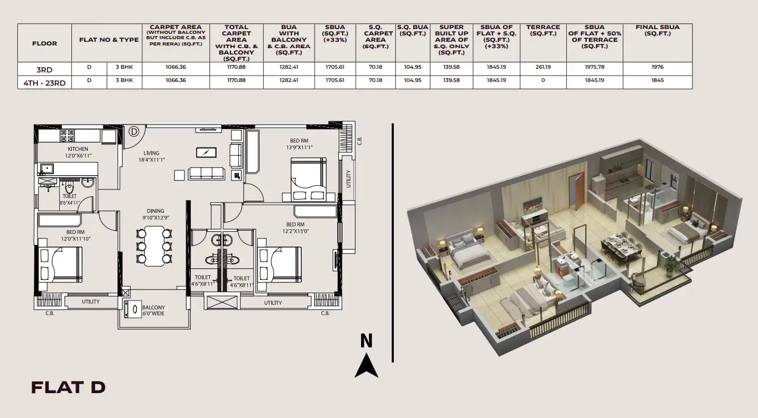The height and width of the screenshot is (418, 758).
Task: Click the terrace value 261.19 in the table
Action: pyautogui.click(x=543, y=67)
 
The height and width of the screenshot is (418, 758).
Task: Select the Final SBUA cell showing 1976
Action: pyautogui.click(x=657, y=67)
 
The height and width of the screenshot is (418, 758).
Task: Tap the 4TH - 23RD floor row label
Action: pyautogui.click(x=44, y=83)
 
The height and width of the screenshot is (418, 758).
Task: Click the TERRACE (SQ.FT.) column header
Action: pyautogui.click(x=543, y=30)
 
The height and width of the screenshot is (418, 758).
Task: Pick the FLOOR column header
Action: pyautogui.click(x=44, y=43)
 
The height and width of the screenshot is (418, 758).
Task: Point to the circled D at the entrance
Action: pyautogui.click(x=134, y=131)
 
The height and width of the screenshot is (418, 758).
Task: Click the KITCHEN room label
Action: pyautogui.click(x=78, y=149)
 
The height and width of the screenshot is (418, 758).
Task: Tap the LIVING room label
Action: pyautogui.click(x=151, y=153)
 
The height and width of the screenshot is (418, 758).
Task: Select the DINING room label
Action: pyautogui.click(x=155, y=211)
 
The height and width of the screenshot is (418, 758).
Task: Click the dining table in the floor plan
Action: pyautogui.click(x=154, y=246)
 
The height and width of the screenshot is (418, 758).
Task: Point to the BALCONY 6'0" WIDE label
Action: pyautogui.click(x=153, y=311)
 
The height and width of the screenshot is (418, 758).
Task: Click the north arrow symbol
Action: pyautogui.click(x=366, y=365)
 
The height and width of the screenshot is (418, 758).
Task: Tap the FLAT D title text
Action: pyautogui.click(x=68, y=387)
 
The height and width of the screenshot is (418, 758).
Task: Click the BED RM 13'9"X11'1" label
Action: pyautogui.click(x=299, y=144)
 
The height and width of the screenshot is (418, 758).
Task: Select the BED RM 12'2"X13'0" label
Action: pyautogui.click(x=295, y=228)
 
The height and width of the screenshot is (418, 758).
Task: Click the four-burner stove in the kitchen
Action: pyautogui.click(x=67, y=135)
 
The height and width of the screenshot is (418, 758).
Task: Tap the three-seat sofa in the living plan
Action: pyautogui.click(x=207, y=173)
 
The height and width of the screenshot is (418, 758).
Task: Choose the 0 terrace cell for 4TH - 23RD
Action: pyautogui.click(x=543, y=80)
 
